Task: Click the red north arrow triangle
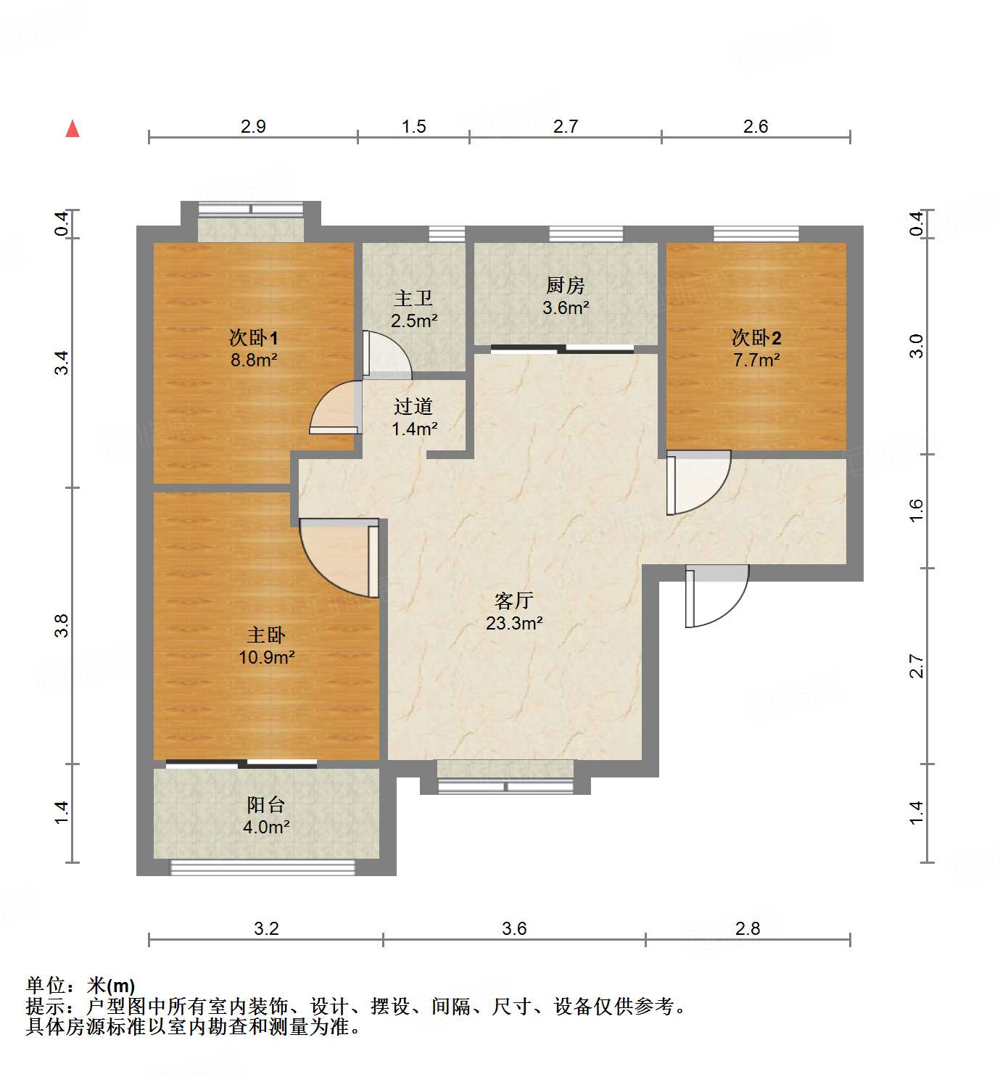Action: point(73,128)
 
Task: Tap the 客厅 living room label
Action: point(514,601)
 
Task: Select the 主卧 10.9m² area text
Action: point(266,657)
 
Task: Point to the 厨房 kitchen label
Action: point(565,285)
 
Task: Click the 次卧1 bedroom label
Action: point(253,338)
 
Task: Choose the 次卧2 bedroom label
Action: point(756,338)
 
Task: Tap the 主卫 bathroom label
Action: point(413,299)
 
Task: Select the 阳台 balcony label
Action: point(266,805)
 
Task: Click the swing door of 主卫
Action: point(384,355)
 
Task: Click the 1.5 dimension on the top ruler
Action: point(413,126)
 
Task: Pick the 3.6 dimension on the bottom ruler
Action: point(514,928)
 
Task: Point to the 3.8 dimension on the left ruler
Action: point(62,625)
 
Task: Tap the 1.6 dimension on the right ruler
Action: point(917,510)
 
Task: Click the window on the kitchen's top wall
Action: point(586,234)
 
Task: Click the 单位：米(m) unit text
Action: point(80,985)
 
